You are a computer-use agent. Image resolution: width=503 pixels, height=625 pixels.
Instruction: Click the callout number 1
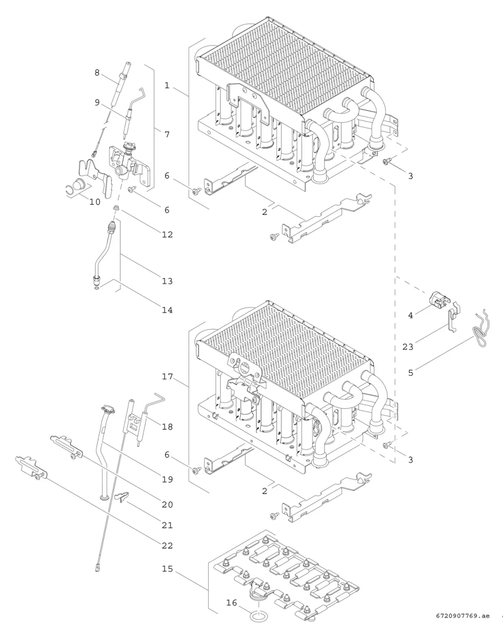[166, 86]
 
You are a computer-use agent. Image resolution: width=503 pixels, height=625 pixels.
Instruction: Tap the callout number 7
[167, 134]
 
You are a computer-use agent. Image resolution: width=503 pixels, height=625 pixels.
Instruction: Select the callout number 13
[167, 281]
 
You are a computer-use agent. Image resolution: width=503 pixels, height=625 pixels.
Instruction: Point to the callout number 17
[167, 377]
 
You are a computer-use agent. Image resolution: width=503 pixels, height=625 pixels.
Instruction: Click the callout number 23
[408, 347]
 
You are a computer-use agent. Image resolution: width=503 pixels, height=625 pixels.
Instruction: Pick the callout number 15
[167, 569]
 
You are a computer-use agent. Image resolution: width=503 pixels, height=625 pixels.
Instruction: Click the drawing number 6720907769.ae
[463, 616]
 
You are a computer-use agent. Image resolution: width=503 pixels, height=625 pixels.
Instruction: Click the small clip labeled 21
[122, 498]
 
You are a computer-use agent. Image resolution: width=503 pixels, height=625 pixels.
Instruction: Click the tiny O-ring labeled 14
[97, 288]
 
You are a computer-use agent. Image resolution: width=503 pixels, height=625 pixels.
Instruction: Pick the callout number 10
[95, 202]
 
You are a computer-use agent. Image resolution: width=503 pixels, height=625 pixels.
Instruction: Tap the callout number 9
[97, 103]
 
